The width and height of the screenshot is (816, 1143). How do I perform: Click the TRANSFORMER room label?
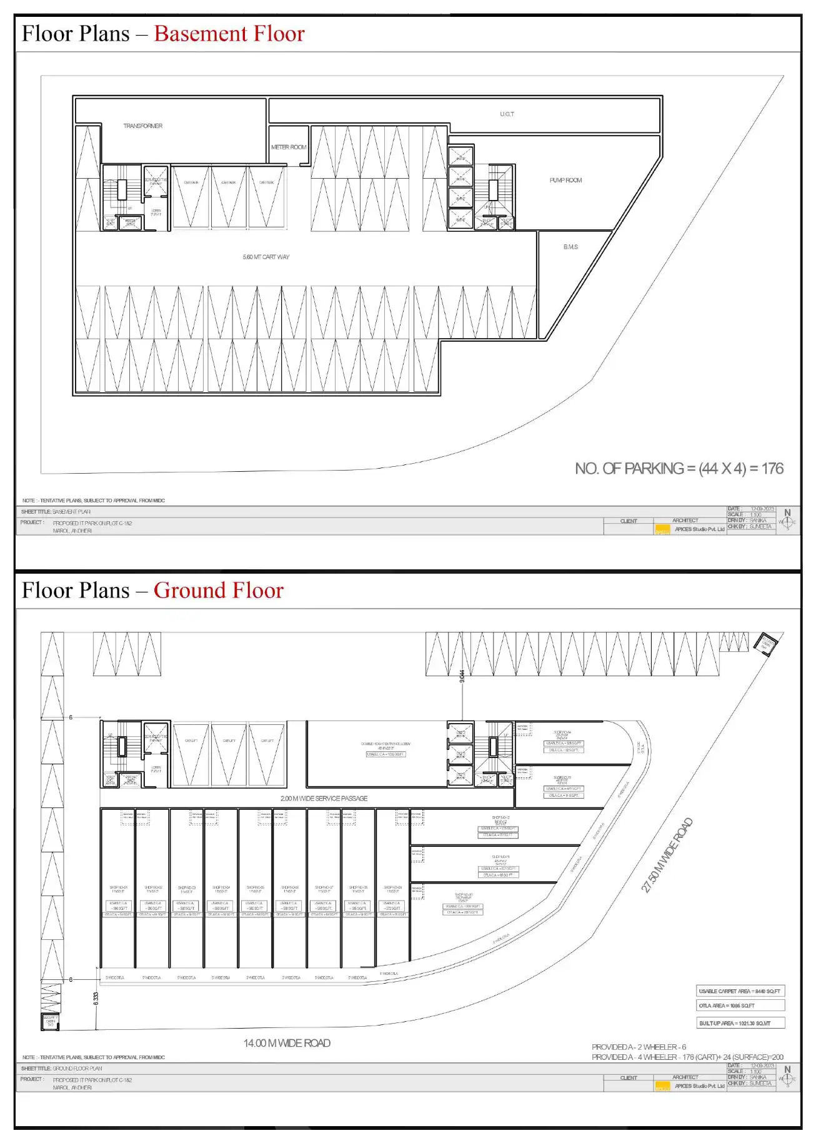tap(142, 126)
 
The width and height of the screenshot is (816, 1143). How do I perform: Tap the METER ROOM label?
tap(289, 147)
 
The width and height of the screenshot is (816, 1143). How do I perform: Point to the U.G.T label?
tap(507, 114)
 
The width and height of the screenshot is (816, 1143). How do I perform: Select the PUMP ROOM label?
tap(565, 180)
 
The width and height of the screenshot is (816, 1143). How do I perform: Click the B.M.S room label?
tap(570, 247)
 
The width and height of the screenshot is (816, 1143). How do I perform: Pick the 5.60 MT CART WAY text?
tap(266, 257)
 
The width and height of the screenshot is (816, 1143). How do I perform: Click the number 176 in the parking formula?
tap(772, 469)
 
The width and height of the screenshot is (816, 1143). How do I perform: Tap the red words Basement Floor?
tap(229, 34)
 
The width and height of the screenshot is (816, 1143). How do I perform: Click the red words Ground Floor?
tap(219, 591)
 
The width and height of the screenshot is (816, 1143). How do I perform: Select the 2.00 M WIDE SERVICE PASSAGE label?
tap(324, 798)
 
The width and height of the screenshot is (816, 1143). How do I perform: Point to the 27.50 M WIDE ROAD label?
tap(667, 855)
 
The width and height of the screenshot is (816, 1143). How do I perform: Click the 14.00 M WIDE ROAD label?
tap(287, 1043)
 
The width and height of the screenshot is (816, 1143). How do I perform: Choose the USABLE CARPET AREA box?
tap(740, 991)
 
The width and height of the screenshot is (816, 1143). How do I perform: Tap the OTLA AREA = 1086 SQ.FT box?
tap(740, 1006)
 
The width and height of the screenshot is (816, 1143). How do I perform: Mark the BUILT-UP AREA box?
tap(740, 1023)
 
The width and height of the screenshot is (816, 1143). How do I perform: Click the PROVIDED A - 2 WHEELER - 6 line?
tap(639, 1047)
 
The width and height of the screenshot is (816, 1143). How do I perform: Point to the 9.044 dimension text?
tap(462, 676)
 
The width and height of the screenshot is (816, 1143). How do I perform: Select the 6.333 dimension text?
tap(96, 999)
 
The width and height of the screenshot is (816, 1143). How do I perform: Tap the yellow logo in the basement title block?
tap(662, 530)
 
